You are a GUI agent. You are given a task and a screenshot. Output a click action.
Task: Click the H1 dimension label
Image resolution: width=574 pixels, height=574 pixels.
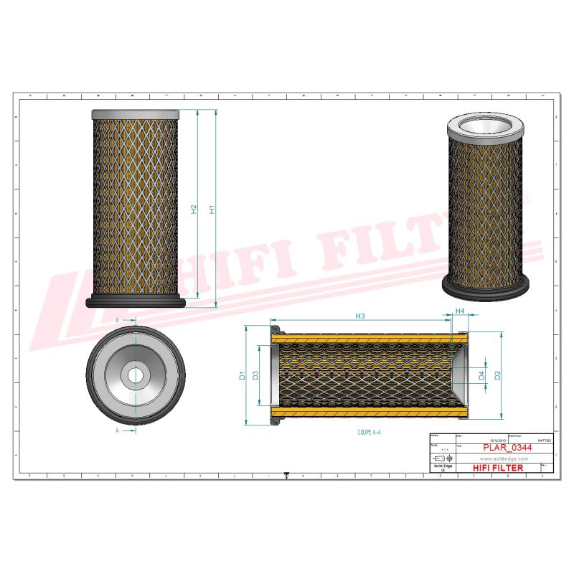[212, 210]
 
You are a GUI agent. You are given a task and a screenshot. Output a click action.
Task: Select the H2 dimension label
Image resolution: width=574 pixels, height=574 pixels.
[194, 210]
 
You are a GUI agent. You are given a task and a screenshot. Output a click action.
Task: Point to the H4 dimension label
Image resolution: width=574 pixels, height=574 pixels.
[460, 312]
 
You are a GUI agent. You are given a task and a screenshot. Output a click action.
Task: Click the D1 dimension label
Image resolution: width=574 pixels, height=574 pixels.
[243, 375]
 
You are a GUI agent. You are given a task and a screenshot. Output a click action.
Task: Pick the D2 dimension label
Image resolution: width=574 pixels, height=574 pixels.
[497, 374]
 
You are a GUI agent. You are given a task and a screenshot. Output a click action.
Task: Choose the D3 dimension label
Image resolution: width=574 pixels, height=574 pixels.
[255, 375]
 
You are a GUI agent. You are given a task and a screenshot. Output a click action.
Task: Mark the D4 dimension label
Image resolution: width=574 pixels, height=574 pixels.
[481, 375]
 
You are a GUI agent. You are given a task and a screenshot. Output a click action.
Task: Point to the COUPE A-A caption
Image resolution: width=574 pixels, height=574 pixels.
[369, 433]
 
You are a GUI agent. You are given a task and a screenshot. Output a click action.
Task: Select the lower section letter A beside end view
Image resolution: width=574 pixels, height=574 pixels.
[117, 430]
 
